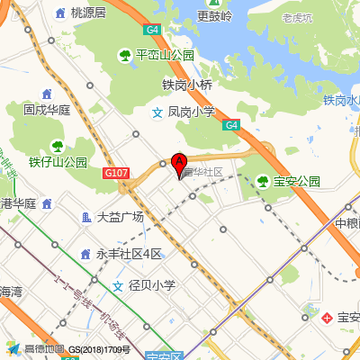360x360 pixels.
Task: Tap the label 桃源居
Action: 88,13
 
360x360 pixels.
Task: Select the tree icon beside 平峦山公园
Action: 125,56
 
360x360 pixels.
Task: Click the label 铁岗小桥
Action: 187,85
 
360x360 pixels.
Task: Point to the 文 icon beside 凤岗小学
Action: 157,112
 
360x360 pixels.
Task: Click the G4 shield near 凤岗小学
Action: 231,125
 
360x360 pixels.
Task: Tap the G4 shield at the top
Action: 154,30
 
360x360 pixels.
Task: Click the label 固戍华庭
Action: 47,110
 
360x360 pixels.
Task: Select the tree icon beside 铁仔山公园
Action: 58,145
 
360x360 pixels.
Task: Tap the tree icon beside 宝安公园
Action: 263,181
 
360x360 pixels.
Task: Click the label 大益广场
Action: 120,217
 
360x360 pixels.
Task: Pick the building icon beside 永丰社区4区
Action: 86,254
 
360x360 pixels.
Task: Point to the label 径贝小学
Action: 151,286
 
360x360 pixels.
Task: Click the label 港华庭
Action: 18,203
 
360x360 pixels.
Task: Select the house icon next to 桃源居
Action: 61,13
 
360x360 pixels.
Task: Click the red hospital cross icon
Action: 328,318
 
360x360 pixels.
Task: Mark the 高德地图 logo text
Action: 44,349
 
